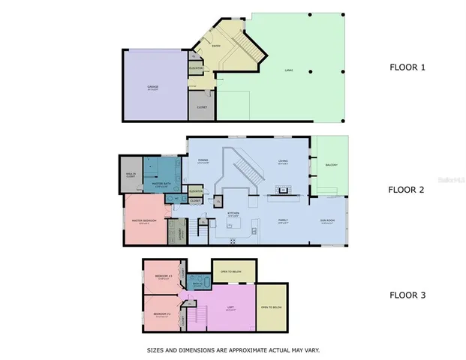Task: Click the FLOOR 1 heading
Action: [x=407, y=67]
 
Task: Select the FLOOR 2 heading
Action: [x=407, y=189]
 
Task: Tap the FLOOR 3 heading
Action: [x=407, y=295]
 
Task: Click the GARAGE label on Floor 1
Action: [x=152, y=88]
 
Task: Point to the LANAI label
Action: [x=288, y=71]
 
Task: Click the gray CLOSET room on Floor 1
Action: [x=201, y=106]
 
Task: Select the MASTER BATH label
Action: [x=164, y=183]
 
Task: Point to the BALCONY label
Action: [x=331, y=165]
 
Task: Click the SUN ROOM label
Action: [x=328, y=220]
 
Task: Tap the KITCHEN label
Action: [x=233, y=213]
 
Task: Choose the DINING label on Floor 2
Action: [x=203, y=160]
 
